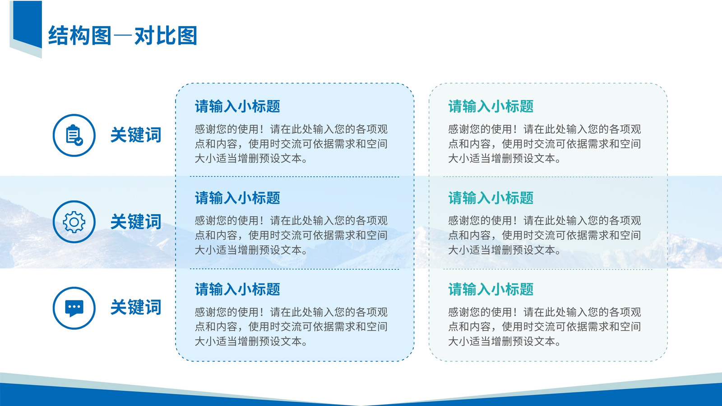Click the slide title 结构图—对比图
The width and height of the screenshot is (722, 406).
pos(122,36)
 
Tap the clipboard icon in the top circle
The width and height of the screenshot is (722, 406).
pos(74,135)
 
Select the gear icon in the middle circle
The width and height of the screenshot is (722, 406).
pos(74,221)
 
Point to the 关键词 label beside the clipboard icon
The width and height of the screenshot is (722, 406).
pos(136,135)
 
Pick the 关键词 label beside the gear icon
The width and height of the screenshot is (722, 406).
pos(136,221)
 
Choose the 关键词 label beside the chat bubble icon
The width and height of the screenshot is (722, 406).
pos(136,307)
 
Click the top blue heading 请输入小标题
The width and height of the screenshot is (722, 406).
pos(237,106)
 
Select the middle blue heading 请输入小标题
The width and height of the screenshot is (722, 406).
pos(237,198)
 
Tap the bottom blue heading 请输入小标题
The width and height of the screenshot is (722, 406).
pos(237,289)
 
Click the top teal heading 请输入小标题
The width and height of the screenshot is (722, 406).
pos(491,106)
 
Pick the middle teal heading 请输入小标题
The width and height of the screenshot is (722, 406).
pos(491,198)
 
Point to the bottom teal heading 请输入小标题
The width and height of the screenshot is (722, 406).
pos(491,289)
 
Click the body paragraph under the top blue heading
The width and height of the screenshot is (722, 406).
pos(291,144)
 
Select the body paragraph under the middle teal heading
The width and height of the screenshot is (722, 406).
pos(544,235)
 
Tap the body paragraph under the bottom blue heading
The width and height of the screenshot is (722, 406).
pos(291,327)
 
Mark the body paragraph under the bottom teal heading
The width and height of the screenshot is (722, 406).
pos(544,327)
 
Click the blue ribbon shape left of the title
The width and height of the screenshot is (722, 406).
pos(28,24)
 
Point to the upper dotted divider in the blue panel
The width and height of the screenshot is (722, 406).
pos(294,176)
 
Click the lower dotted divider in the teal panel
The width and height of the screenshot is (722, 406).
pos(548,269)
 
